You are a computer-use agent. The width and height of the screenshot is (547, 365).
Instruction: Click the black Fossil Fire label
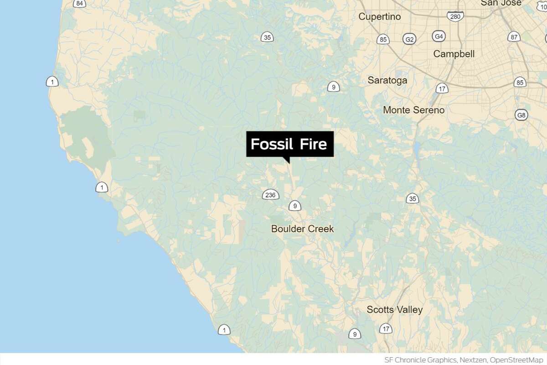click(x=290, y=144)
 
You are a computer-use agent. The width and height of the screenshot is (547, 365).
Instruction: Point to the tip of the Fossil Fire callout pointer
click(x=288, y=163)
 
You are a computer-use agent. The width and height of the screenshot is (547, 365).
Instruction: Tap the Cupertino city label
click(x=379, y=17)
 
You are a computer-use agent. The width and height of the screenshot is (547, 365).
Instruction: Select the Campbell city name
click(x=454, y=54)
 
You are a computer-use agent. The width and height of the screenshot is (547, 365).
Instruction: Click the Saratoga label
click(x=387, y=80)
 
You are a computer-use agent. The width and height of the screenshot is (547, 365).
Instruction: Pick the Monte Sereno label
click(x=413, y=110)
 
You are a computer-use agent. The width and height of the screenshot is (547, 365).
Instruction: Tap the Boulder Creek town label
click(x=302, y=229)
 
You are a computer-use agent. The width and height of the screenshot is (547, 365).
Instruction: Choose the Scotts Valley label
click(x=394, y=310)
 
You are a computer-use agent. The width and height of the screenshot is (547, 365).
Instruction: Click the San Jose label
click(x=501, y=3)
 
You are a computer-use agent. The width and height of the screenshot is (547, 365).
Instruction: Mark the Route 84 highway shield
click(x=80, y=4)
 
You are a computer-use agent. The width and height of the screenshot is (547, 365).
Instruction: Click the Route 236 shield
click(x=270, y=195)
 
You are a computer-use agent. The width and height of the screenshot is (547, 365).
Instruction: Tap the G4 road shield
click(x=439, y=36)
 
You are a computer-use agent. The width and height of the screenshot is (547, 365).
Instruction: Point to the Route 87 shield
click(x=514, y=37)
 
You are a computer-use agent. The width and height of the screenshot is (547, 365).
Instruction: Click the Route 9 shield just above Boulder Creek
click(x=295, y=206)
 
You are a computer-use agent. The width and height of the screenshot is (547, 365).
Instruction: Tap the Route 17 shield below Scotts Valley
click(x=386, y=328)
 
